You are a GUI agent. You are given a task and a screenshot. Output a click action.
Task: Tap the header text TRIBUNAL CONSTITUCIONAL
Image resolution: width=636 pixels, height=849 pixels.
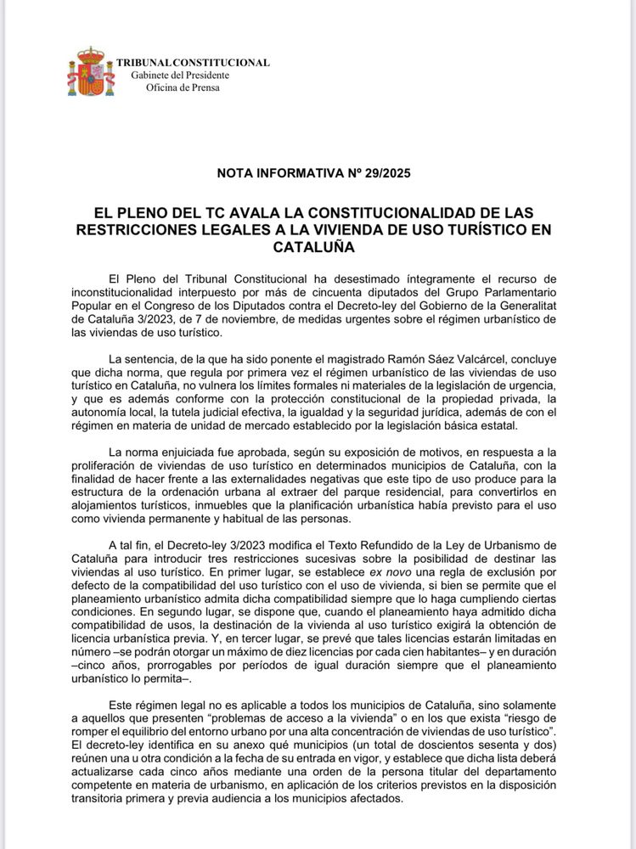[193, 63]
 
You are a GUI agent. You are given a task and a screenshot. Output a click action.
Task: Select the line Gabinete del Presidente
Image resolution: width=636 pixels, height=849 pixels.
[180, 75]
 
